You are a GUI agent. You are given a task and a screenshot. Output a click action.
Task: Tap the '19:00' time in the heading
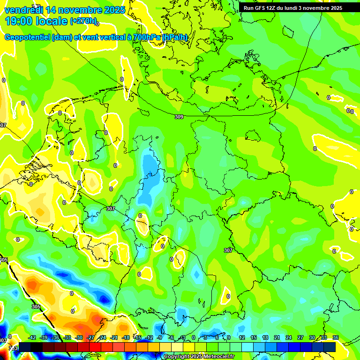18,21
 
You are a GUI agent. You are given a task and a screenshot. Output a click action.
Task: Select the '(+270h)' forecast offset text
83,21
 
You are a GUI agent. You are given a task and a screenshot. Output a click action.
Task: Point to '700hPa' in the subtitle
146,37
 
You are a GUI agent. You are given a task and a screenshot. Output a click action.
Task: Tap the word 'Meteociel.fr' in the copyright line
217,357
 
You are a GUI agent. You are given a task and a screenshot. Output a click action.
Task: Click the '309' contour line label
179,116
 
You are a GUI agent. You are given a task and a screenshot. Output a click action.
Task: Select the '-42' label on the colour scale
32,337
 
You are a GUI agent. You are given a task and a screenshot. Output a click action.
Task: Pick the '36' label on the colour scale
335,337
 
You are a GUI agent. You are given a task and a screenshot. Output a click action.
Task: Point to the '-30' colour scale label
79,337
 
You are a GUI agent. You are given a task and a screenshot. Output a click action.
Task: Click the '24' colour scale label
289,337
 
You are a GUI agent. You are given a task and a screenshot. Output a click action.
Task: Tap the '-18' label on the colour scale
126,337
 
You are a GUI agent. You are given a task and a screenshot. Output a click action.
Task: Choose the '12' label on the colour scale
242,337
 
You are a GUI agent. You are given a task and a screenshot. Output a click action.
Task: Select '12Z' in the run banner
276,8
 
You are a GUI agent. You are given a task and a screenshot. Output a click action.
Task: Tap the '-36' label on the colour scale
56,337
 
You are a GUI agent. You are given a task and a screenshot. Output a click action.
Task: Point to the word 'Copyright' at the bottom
177,357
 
